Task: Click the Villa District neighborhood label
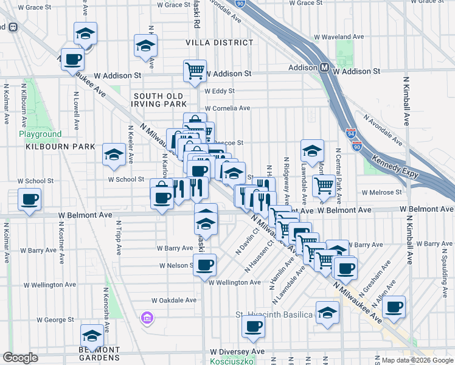pyautogui.click(x=219, y=43)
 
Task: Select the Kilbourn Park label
pyautogui.click(x=60, y=147)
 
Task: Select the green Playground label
pyautogui.click(x=40, y=134)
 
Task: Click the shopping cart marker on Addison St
pyautogui.click(x=195, y=71)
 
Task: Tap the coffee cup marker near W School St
pyautogui.click(x=29, y=199)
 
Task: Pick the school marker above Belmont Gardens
pyautogui.click(x=92, y=335)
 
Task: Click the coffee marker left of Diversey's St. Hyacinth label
pyautogui.click(x=252, y=325)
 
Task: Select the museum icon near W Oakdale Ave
pyautogui.click(x=147, y=318)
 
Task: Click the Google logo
pyautogui.click(x=21, y=357)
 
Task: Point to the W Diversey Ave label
pyautogui.click(x=237, y=352)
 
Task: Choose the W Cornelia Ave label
pyautogui.click(x=227, y=108)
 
